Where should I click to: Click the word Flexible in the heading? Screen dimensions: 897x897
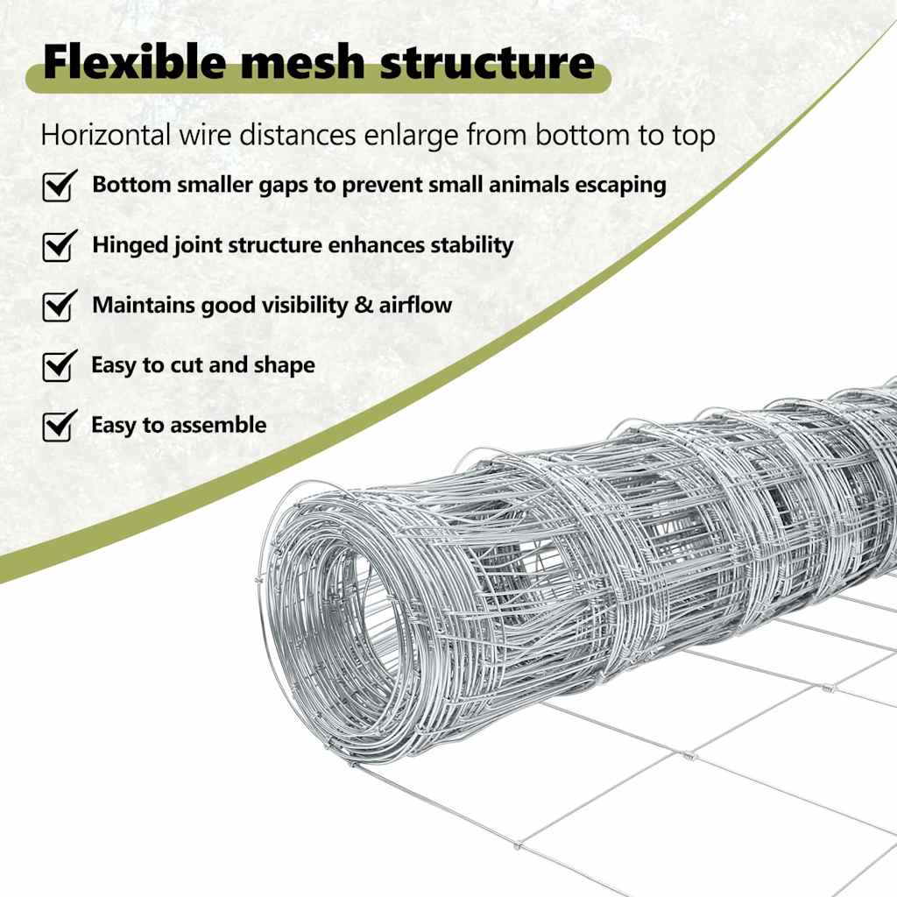pos(135,62)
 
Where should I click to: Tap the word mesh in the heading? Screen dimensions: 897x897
pos(302,62)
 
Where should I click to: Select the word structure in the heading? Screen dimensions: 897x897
pos(487,62)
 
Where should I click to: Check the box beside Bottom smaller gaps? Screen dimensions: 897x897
pos(60,186)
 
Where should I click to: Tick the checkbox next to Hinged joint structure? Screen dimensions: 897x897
pos(60,245)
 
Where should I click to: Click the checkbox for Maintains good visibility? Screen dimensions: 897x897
pos(60,306)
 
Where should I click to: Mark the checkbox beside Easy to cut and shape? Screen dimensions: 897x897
pos(60,365)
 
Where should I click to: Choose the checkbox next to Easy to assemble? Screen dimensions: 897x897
pos(60,426)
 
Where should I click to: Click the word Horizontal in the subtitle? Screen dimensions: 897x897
pos(106,136)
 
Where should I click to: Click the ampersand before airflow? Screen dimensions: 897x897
pos(363,305)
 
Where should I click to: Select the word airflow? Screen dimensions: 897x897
pos(415,305)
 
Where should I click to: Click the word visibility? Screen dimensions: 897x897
pos(304,305)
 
